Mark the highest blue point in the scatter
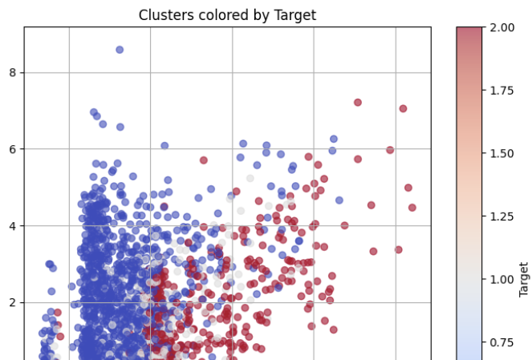(120, 50)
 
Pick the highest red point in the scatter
(358, 103)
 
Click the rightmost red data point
(412, 208)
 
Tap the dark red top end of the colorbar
(469, 31)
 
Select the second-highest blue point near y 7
(94, 112)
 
